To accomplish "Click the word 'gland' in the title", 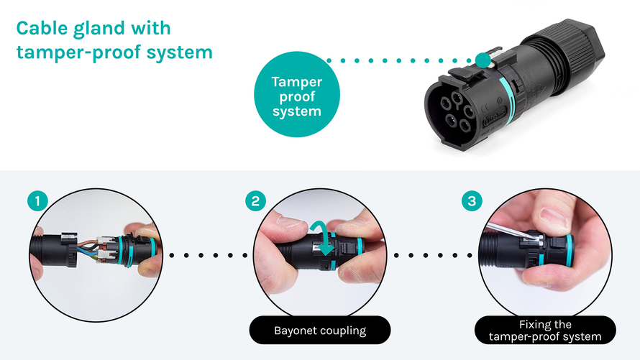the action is (x=99, y=29).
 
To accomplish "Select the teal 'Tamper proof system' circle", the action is (x=297, y=94).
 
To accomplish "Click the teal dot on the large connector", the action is (x=483, y=60).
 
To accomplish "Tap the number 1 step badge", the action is (x=37, y=201).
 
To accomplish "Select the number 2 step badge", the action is (x=255, y=201).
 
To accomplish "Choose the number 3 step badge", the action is (x=472, y=201).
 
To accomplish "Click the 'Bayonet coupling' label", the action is (x=320, y=331).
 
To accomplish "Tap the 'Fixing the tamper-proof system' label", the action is (x=545, y=331).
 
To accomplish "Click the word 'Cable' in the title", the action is (x=42, y=28).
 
